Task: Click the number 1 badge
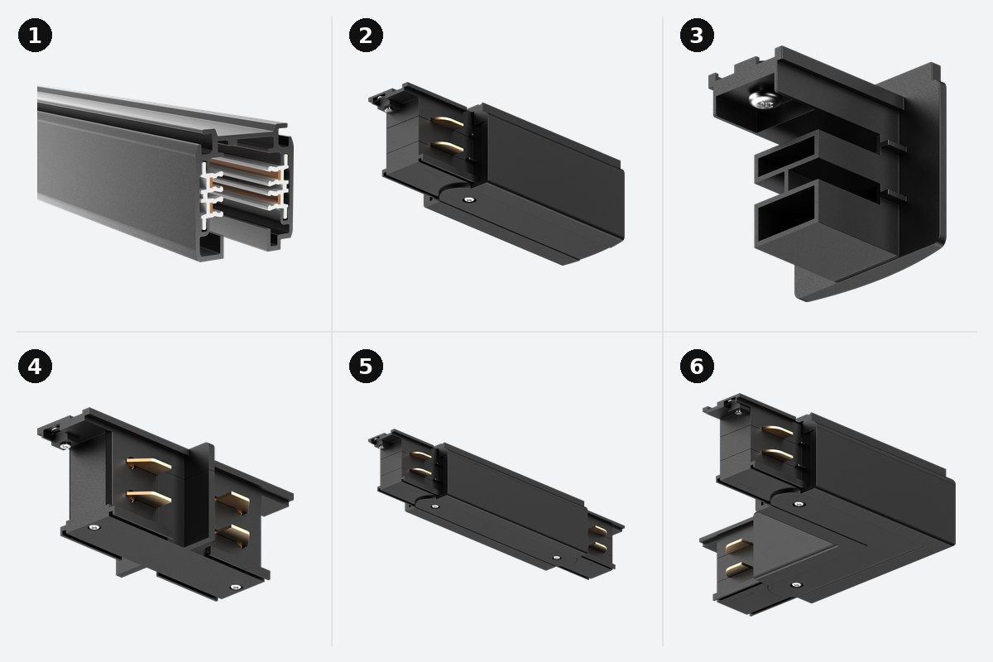click(35, 36)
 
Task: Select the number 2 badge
click(366, 36)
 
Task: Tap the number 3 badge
click(697, 36)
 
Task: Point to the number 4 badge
click(35, 367)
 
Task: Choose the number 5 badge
click(366, 367)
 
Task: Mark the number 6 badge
click(697, 367)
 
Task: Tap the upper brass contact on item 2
click(448, 121)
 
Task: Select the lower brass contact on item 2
click(448, 146)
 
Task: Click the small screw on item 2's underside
click(468, 200)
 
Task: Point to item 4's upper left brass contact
click(148, 463)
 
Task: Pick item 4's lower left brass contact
click(148, 496)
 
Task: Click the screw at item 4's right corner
click(235, 588)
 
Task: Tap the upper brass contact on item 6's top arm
click(778, 431)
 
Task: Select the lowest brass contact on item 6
click(737, 569)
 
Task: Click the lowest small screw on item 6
click(796, 585)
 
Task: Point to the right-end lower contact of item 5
click(598, 547)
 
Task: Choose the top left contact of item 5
click(420, 455)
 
